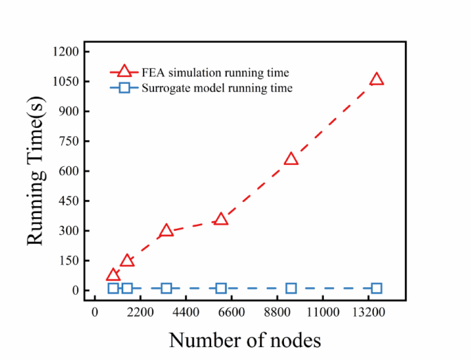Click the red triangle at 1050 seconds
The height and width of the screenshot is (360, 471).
[376, 80]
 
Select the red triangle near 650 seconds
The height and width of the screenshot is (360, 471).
[291, 159]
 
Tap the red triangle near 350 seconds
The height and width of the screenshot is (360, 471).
[221, 220]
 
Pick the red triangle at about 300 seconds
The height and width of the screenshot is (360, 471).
[166, 232]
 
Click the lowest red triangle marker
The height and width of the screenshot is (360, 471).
[113, 276]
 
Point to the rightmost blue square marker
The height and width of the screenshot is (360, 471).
[376, 289]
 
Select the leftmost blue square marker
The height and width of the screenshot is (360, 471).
[113, 289]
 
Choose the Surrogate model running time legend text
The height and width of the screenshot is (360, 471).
[217, 88]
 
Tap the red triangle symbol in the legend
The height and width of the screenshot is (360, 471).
[124, 71]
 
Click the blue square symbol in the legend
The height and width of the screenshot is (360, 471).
[124, 88]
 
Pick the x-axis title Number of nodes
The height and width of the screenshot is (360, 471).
[245, 340]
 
